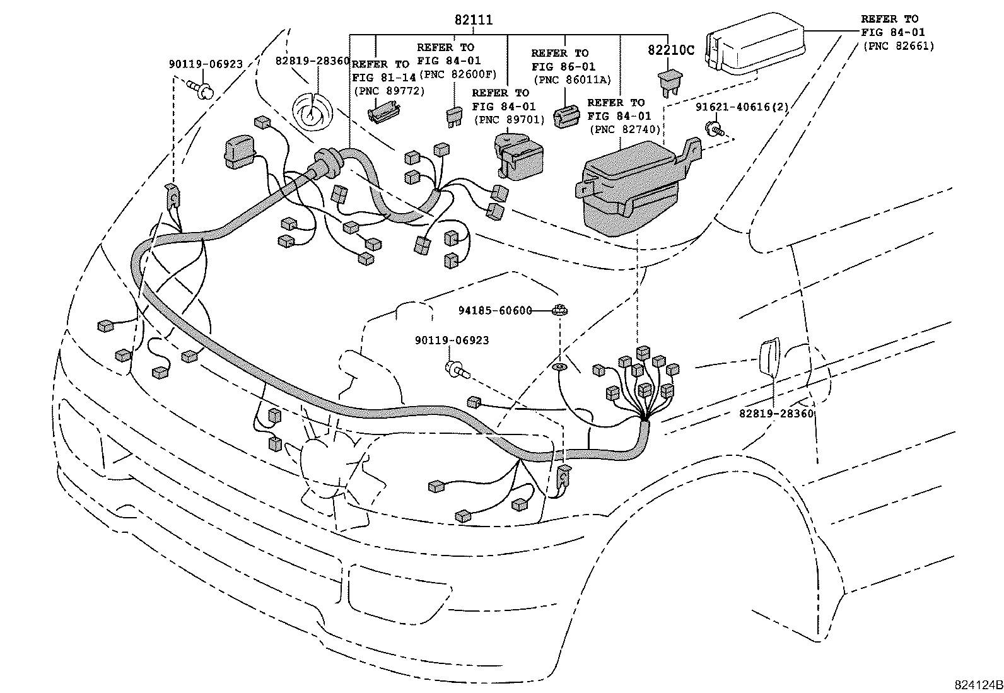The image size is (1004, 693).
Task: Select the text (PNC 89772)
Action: click(388, 91)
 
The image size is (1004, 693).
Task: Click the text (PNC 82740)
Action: click(624, 129)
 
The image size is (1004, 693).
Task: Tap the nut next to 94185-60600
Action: click(559, 310)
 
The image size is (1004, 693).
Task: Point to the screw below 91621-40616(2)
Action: click(714, 130)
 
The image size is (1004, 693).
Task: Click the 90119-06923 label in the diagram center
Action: click(452, 341)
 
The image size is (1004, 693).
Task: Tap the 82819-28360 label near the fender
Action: click(776, 414)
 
